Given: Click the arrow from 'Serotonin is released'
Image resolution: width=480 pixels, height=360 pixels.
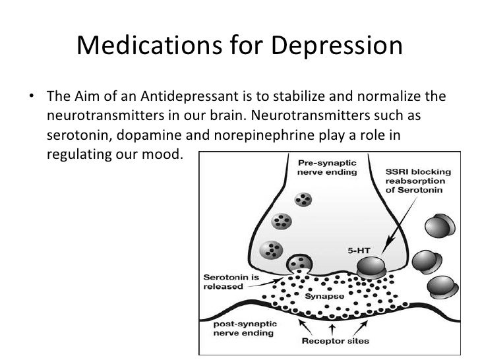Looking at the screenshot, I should [270, 273].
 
